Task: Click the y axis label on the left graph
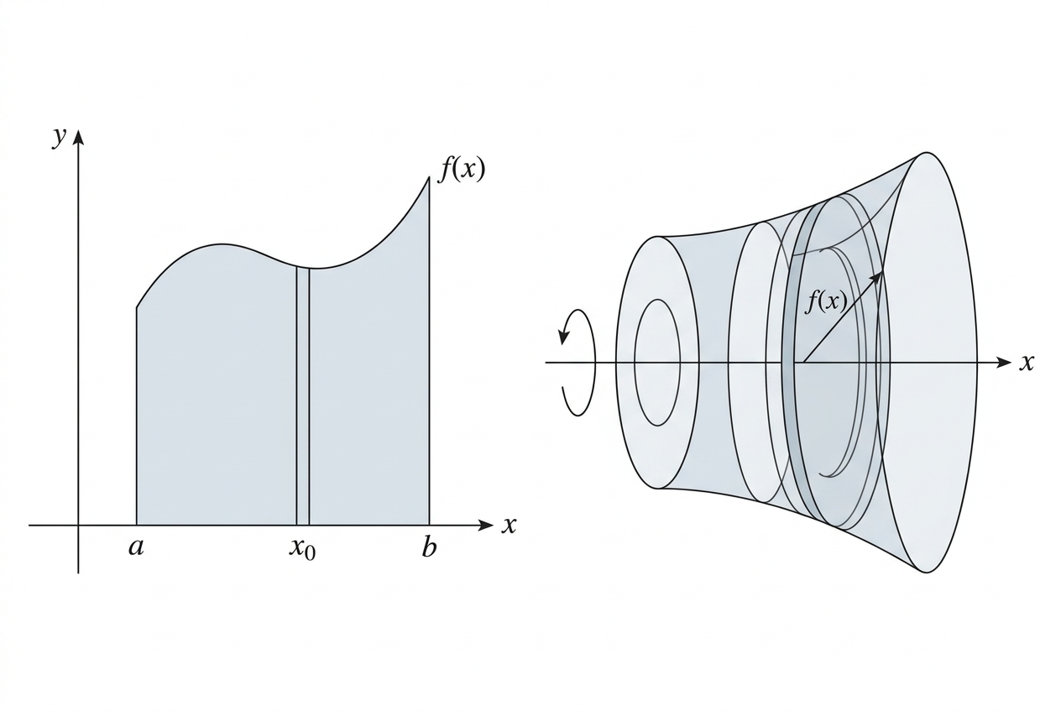(58, 138)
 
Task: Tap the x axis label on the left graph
(508, 525)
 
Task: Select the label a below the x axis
(135, 547)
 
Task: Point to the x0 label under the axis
(302, 549)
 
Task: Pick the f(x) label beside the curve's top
(463, 169)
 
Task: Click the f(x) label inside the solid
(826, 301)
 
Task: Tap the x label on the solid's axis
(1027, 363)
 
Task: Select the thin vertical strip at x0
(303, 396)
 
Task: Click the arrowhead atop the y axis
(79, 135)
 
